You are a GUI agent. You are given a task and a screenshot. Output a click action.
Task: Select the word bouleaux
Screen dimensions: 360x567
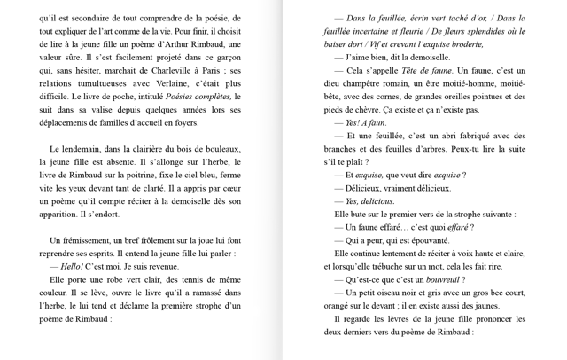[222, 149]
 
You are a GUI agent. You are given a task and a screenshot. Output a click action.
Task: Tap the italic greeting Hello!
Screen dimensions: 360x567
[72, 266]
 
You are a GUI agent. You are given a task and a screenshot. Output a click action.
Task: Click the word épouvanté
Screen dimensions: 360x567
[430, 240]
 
